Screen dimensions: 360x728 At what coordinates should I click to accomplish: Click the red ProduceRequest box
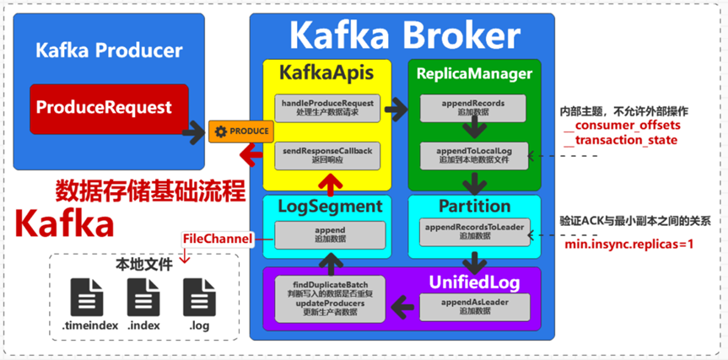[x=104, y=109]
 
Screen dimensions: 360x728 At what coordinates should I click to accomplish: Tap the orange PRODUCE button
[x=241, y=132]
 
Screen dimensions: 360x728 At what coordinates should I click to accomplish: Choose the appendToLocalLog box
[x=473, y=153]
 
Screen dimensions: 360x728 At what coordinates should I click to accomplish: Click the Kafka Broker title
[x=404, y=35]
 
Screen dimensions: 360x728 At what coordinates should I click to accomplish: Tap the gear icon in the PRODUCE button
[x=221, y=132]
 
